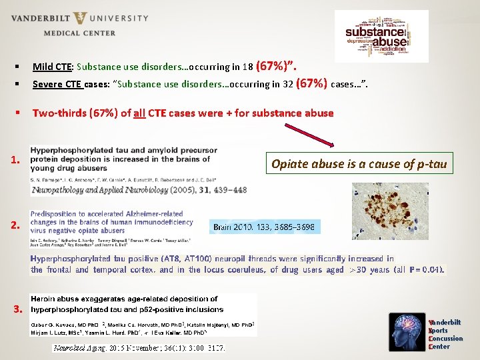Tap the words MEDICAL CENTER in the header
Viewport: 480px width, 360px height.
[79, 33]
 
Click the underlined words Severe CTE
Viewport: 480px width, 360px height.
[57, 85]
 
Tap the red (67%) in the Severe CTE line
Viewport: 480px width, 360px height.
[311, 84]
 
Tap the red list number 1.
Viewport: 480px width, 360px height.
[17, 161]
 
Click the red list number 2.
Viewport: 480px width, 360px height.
[17, 226]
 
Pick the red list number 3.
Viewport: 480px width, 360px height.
[18, 309]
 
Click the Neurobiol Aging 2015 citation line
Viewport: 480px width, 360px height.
[139, 348]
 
